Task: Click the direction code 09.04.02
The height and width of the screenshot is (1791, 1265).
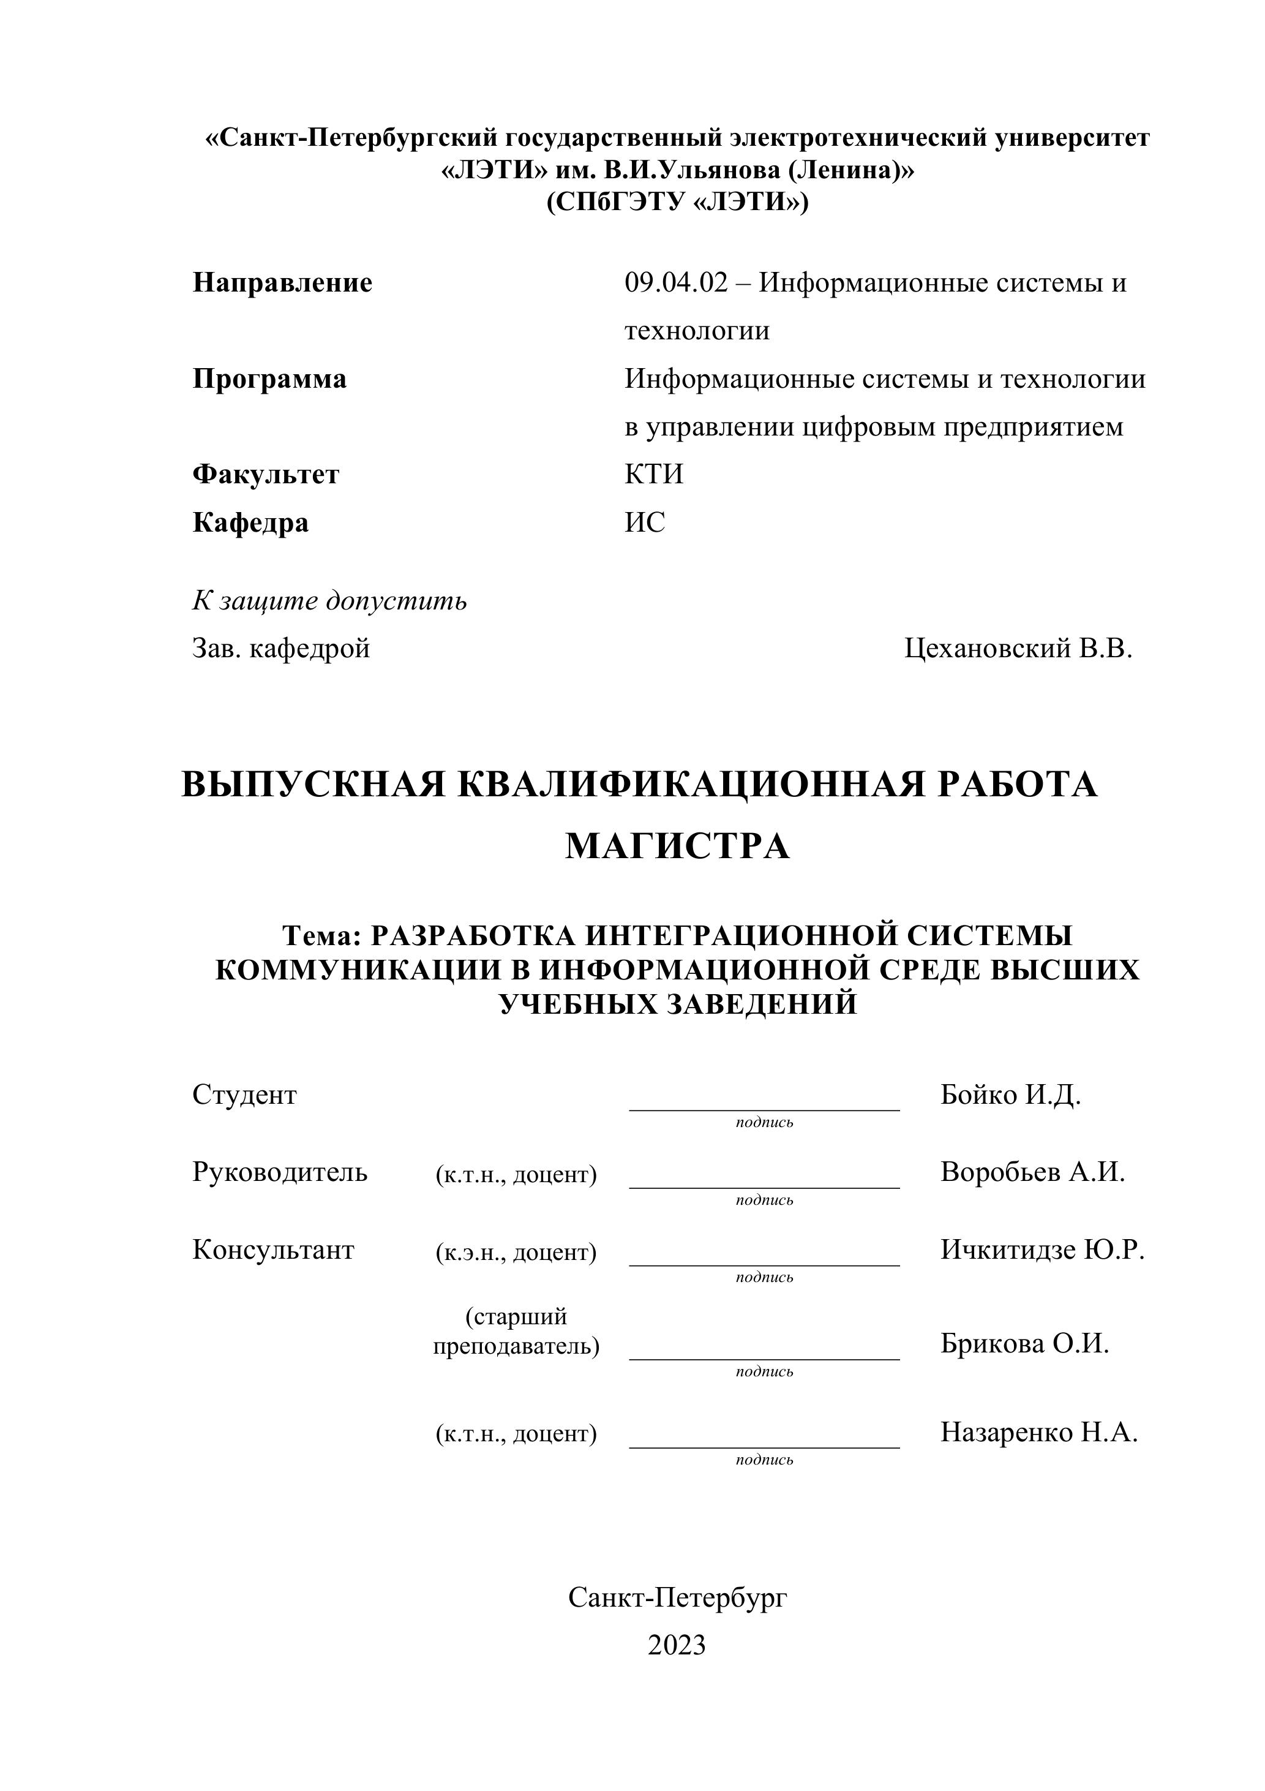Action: click(x=675, y=283)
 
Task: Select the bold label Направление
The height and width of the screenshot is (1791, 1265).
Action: click(x=282, y=283)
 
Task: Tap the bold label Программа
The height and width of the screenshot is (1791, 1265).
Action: click(x=269, y=379)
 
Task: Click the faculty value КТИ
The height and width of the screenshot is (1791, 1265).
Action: click(x=653, y=474)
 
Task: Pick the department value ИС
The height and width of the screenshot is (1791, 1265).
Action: click(x=645, y=522)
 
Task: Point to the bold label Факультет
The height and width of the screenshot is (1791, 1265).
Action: click(x=266, y=474)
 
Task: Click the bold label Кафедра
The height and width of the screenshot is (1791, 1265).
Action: click(x=250, y=522)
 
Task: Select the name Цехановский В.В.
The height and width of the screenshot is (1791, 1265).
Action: click(x=1018, y=648)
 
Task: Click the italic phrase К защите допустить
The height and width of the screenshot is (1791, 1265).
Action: click(x=329, y=601)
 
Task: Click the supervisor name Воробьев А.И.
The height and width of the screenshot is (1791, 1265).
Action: click(x=1032, y=1172)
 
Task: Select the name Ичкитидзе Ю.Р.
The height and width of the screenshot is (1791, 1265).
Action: click(x=1042, y=1250)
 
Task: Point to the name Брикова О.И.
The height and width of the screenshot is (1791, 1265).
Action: click(x=1024, y=1343)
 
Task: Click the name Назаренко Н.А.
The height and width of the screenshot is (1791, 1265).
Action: click(x=1039, y=1432)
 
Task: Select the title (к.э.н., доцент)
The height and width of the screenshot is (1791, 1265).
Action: click(x=516, y=1252)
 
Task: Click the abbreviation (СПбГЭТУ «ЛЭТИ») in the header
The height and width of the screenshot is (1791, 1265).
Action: click(x=677, y=202)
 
